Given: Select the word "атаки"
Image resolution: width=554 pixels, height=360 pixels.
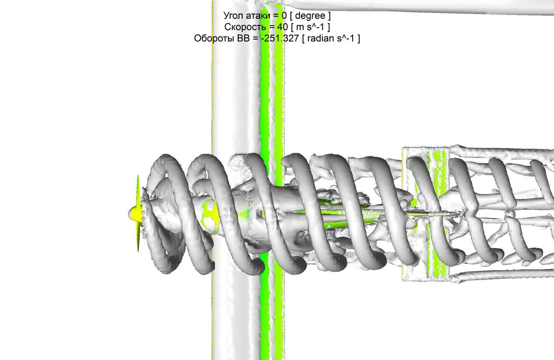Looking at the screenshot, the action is coord(258,16).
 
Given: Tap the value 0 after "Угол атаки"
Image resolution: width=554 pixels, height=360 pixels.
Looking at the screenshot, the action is coord(284,16).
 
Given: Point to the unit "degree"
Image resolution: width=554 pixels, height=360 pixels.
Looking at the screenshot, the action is coord(310,16).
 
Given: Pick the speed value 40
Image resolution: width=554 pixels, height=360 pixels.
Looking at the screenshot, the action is coord(282,27).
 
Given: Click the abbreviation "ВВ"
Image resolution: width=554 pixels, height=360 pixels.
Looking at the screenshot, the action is coord(243,38).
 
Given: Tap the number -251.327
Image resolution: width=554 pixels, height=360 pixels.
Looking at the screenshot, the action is coord(279,38).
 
